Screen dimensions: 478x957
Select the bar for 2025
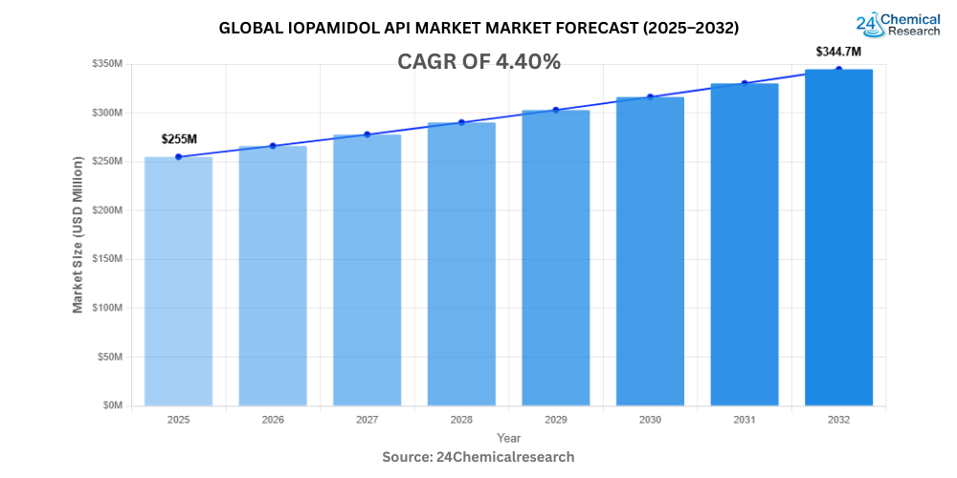(x=178, y=281)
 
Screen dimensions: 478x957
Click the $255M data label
(x=179, y=140)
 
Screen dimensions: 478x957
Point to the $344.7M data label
(x=839, y=51)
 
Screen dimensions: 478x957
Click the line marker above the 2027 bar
(x=367, y=134)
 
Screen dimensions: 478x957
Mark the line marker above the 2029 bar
(x=555, y=110)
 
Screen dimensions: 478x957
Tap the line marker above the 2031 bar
(x=745, y=83)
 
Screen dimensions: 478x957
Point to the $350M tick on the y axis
(x=106, y=64)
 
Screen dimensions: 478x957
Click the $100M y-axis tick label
(x=106, y=308)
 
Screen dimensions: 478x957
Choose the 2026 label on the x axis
(x=273, y=419)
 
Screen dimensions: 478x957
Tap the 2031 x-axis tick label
(x=745, y=419)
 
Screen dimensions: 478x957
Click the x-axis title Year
(x=509, y=437)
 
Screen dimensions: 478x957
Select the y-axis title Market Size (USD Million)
(x=78, y=235)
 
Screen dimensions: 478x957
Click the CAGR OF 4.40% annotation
(x=478, y=62)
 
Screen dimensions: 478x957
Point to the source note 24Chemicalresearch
(x=478, y=457)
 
